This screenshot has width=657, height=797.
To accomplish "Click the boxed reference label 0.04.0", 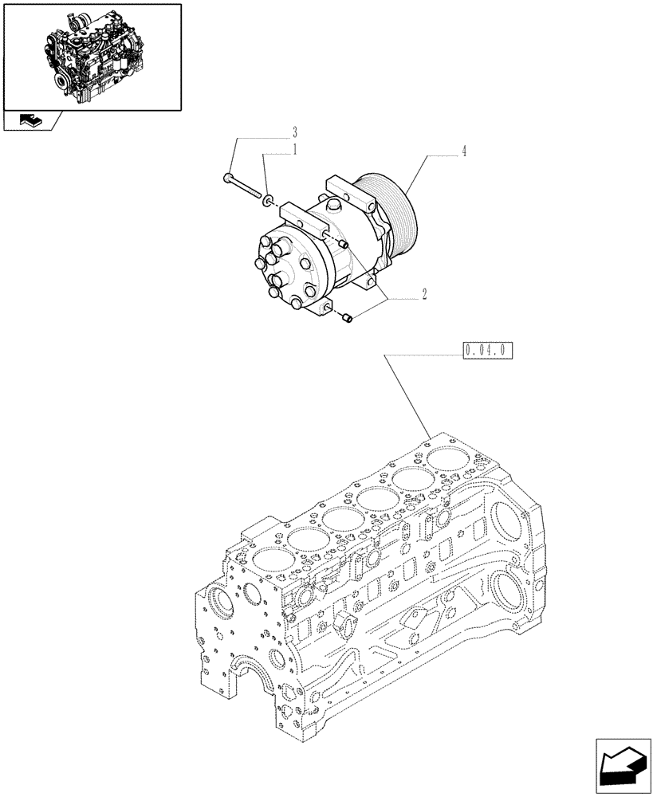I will [x=486, y=350].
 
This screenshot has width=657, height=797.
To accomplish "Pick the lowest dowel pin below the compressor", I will [x=347, y=319].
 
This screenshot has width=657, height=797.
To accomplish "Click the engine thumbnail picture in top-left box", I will [x=91, y=55].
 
